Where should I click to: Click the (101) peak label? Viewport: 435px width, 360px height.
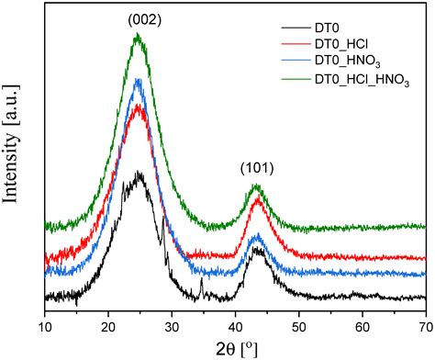(257, 168)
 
